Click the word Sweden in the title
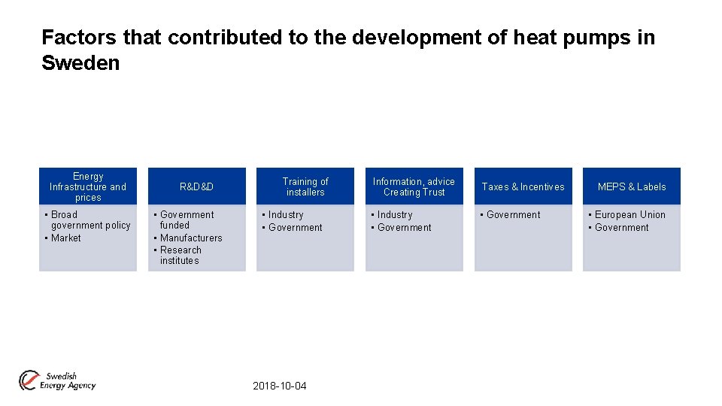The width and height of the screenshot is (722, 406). [x=80, y=63]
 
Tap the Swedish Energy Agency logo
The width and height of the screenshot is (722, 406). [x=58, y=380]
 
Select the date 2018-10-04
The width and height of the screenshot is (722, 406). [x=280, y=386]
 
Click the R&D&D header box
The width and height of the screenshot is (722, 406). [x=196, y=186]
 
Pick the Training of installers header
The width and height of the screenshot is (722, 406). [x=305, y=186]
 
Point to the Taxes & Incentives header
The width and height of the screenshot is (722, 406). [x=523, y=186]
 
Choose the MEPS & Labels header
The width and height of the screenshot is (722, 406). [x=632, y=186]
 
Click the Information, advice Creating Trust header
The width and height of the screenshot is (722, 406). [x=414, y=186]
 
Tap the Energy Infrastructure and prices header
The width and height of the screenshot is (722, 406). [x=88, y=186]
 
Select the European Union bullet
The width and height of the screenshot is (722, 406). [x=629, y=215]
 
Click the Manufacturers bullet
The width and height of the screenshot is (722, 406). [x=191, y=238]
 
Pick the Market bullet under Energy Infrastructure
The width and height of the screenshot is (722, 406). [x=65, y=238]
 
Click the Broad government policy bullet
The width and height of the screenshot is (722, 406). [x=89, y=220]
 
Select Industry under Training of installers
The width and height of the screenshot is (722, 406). [x=286, y=215]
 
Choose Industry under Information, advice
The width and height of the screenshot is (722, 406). [x=395, y=215]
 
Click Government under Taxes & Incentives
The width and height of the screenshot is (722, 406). [x=513, y=215]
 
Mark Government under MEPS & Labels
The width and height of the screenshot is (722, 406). [x=621, y=228]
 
